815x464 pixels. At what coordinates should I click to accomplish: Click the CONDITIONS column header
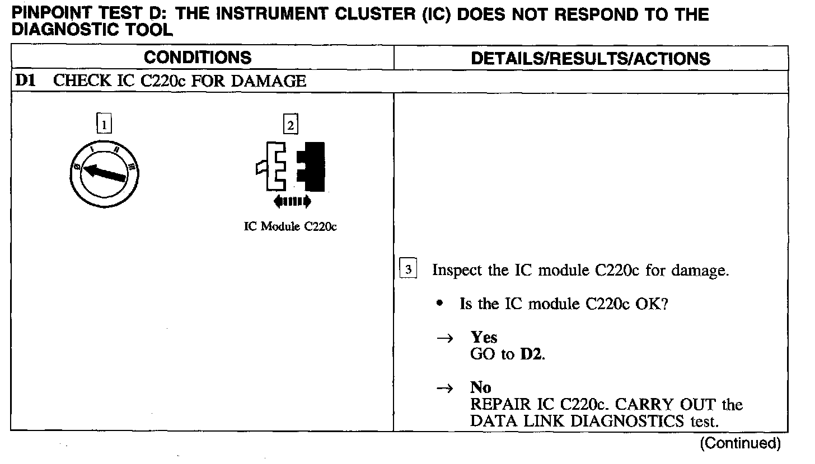point(198,58)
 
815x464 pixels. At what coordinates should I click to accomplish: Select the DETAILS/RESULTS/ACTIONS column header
point(591,59)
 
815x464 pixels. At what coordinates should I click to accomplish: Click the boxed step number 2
point(291,124)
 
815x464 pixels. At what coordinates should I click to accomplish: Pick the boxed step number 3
point(409,270)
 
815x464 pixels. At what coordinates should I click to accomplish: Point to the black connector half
point(311,165)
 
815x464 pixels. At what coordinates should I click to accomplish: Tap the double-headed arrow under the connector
point(291,201)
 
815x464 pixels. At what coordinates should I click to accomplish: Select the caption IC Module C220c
point(291,228)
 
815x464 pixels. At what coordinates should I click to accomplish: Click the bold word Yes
point(484,337)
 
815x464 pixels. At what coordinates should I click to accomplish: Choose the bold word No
point(481,388)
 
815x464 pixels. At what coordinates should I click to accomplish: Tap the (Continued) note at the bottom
point(739,443)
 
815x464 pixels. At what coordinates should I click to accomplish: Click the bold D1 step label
point(26,81)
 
